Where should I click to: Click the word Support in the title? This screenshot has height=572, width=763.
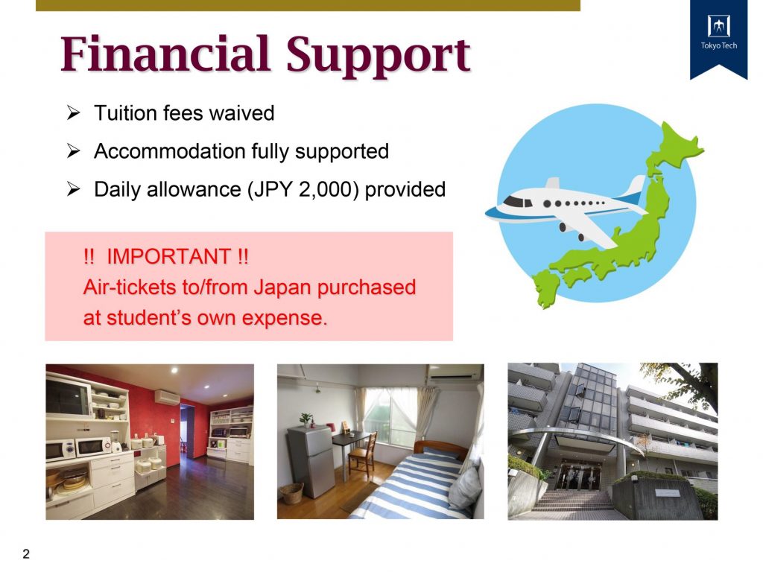click(x=378, y=57)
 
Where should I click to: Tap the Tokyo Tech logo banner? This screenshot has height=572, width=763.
click(x=719, y=38)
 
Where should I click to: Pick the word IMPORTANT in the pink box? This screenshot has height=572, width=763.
click(x=169, y=256)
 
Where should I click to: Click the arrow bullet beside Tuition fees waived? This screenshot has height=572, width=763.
click(x=73, y=113)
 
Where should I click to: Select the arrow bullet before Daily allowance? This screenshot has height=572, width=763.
click(x=73, y=188)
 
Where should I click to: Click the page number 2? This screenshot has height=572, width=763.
click(x=26, y=553)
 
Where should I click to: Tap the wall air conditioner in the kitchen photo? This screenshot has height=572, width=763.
click(x=167, y=398)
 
